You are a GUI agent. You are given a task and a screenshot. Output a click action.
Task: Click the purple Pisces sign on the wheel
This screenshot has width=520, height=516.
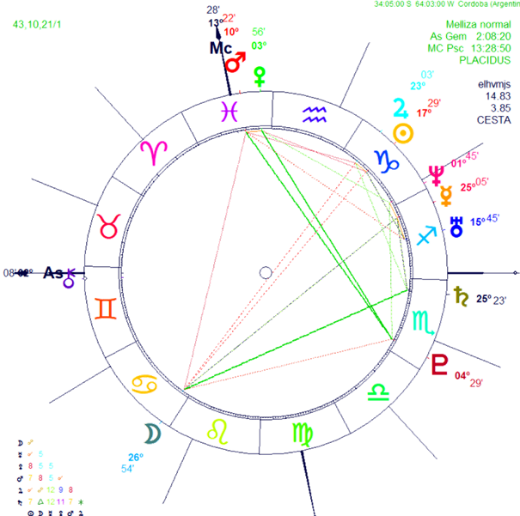tap(229, 110)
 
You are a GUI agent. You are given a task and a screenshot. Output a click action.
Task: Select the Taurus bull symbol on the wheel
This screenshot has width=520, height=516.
tap(110, 227)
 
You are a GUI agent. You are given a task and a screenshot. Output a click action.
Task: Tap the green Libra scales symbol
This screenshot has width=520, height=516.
tap(376, 392)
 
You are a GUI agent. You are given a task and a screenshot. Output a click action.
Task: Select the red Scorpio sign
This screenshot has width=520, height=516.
tap(422, 322)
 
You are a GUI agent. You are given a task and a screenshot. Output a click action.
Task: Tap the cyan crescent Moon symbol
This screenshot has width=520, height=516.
tap(152, 434)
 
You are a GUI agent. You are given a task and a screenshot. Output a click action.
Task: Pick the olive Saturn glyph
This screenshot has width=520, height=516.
tap(460, 296)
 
